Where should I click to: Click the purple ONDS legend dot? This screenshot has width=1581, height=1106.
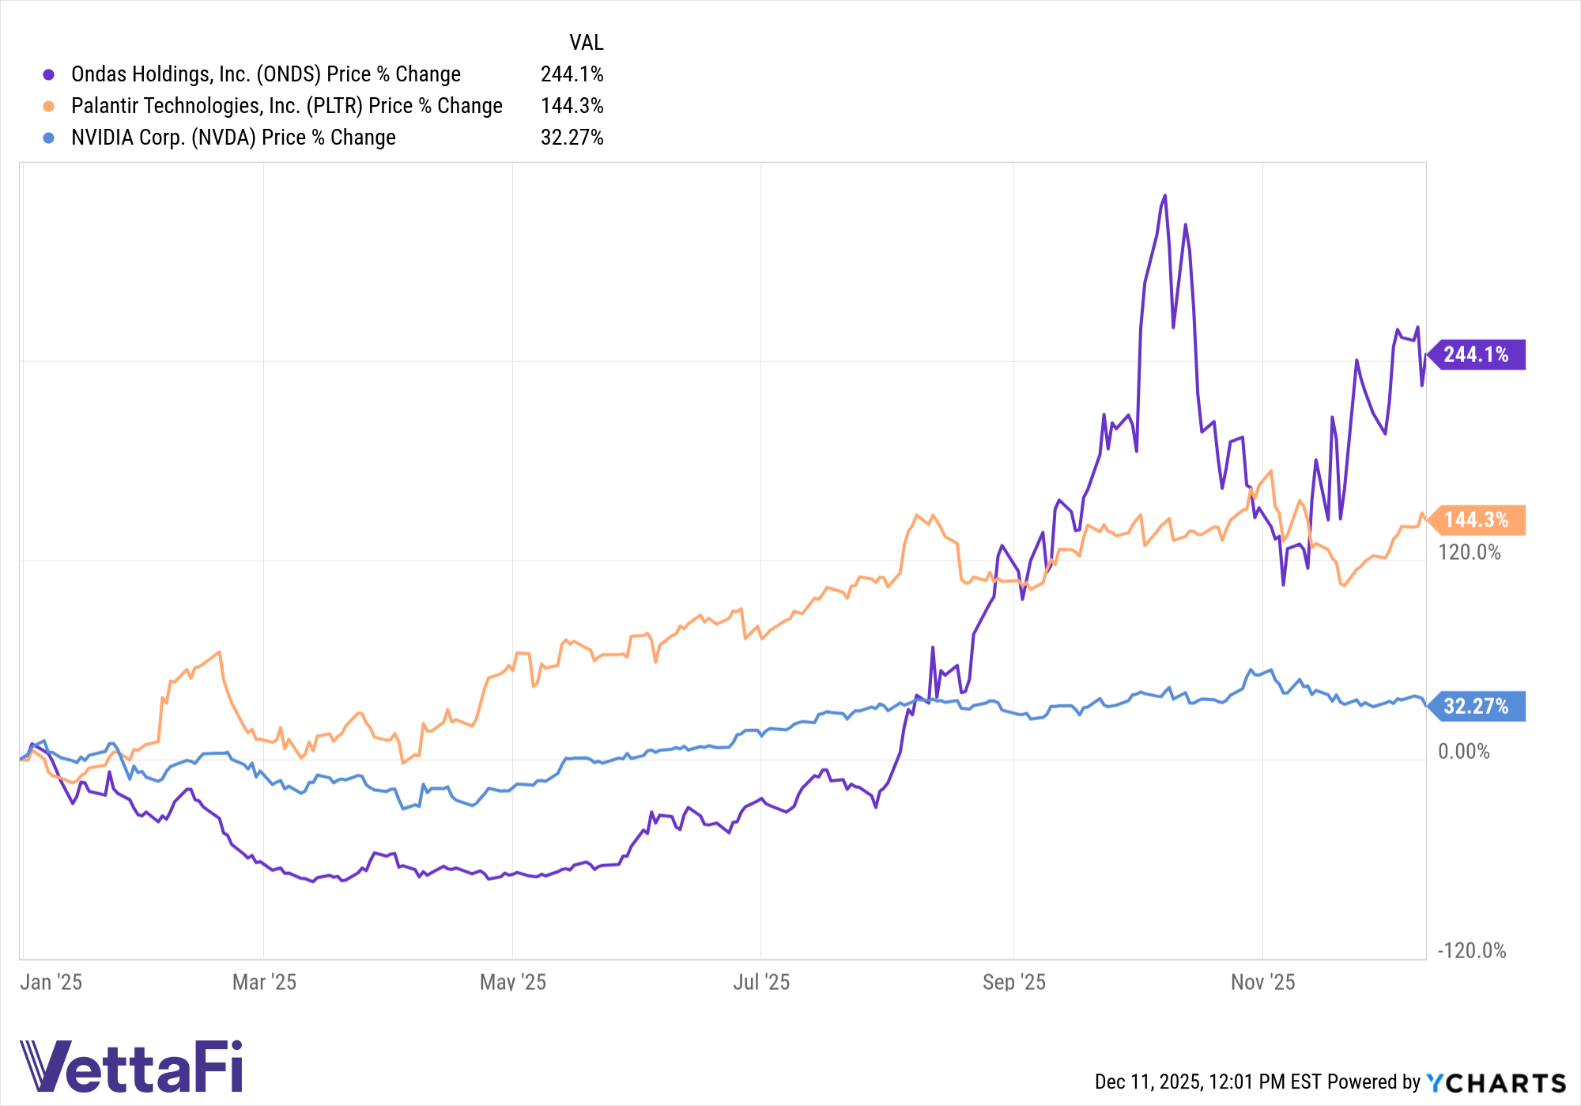pos(49,74)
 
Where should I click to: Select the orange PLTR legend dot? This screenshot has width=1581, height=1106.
pos(49,106)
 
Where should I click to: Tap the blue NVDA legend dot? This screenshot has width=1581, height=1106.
pos(49,138)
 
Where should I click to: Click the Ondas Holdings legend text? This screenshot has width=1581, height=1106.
pos(266,74)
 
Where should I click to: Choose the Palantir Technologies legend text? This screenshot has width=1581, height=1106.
pos(286,106)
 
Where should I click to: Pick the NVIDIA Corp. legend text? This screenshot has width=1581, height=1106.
pos(233,138)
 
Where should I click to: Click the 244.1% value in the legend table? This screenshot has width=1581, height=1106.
pos(572,74)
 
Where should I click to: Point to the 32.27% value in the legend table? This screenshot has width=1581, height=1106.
pos(572,138)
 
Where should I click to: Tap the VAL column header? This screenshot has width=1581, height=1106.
pos(586,42)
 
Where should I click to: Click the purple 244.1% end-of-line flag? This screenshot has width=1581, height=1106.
pos(1477,354)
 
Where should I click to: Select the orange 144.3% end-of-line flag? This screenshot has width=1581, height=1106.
pos(1477,519)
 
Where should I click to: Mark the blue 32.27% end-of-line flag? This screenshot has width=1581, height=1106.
pos(1477,706)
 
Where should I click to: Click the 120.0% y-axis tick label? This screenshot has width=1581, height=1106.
pos(1469,552)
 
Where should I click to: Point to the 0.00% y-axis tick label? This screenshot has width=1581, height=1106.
pos(1463,751)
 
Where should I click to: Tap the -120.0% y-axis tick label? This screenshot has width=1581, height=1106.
pos(1471,950)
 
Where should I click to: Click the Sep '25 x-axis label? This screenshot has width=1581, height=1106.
pos(1013,982)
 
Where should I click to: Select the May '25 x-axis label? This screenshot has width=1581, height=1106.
pos(512,982)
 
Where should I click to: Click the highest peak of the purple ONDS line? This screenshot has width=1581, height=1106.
pos(1164,195)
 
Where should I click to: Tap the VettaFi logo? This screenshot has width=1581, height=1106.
pos(131,1066)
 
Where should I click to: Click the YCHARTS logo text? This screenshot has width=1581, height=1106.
pos(1496,1082)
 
